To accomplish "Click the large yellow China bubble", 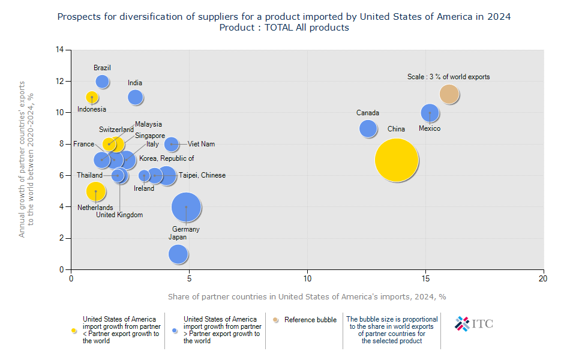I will (397, 160).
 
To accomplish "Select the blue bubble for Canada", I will (368, 128).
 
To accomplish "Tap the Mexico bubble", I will (430, 113).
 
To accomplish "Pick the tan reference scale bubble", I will (449, 94).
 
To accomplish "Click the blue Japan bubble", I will (178, 254).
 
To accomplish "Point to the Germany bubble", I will (187, 207).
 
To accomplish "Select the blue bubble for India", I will (136, 97).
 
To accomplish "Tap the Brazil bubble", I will (103, 81).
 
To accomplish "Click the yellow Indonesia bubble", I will (92, 97).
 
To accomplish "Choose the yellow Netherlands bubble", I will (95, 191).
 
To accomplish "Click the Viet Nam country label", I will (201, 144).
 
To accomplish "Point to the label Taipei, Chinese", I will (202, 175).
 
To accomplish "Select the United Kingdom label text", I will (119, 215).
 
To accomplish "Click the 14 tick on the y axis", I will (60, 50).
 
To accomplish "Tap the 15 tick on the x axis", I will (426, 278).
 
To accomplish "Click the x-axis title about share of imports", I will (307, 296).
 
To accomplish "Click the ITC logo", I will (474, 323).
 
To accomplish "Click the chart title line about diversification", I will (284, 17).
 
